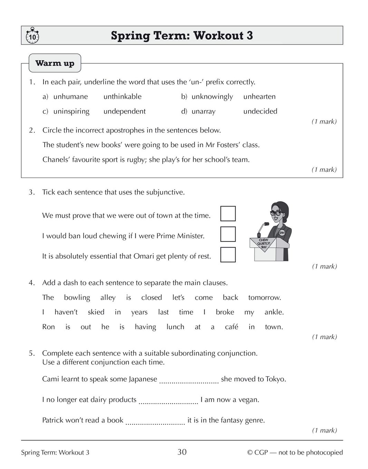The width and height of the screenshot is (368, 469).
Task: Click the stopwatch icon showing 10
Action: (x=32, y=36)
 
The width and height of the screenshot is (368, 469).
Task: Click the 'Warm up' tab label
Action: (x=55, y=63)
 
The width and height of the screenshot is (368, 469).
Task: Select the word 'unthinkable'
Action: (x=123, y=97)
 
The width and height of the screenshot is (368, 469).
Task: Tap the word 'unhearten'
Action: (x=259, y=97)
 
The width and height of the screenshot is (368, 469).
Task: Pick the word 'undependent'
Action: (x=125, y=111)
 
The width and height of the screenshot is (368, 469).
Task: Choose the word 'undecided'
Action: (x=260, y=111)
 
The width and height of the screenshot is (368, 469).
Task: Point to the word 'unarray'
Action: (x=203, y=111)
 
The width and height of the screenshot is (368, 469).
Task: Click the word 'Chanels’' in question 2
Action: (x=56, y=160)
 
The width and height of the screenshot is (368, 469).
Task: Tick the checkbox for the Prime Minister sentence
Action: (x=228, y=234)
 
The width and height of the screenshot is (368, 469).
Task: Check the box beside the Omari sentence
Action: (x=228, y=255)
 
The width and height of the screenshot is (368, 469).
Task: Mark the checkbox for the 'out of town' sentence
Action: (x=228, y=214)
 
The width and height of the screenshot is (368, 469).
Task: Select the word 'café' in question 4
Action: (x=231, y=327)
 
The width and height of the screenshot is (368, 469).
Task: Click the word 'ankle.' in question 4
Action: (x=274, y=312)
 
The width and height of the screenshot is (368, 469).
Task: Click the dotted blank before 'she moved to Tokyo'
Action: (x=189, y=381)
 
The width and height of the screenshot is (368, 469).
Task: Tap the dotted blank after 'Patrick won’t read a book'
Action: (x=155, y=422)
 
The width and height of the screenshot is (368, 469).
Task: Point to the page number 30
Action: (x=182, y=452)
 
